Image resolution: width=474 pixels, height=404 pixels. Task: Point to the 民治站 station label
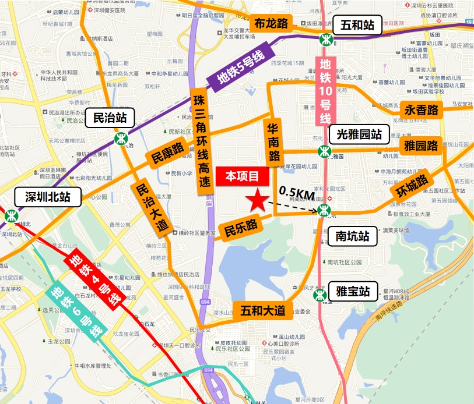coord(110,118)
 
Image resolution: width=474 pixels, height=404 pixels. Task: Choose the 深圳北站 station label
coord(48,197)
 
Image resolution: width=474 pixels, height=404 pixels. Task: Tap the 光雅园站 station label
coord(359,134)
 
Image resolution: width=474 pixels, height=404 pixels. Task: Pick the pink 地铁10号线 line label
coord(324,91)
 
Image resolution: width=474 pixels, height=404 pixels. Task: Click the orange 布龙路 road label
coord(272,24)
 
